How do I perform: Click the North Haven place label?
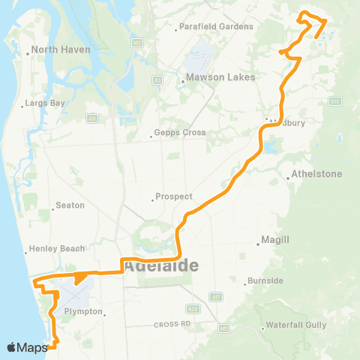point(61,50)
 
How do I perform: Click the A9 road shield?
point(91,118)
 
